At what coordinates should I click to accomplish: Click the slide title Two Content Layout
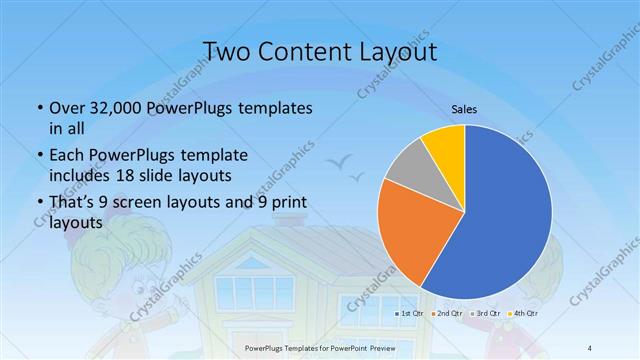click(319, 50)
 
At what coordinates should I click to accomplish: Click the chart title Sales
click(464, 110)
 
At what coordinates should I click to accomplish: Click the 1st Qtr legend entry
click(410, 313)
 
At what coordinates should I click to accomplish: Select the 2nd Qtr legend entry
click(445, 313)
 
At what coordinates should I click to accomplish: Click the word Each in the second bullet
click(67, 155)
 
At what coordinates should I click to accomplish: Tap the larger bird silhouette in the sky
click(341, 158)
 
